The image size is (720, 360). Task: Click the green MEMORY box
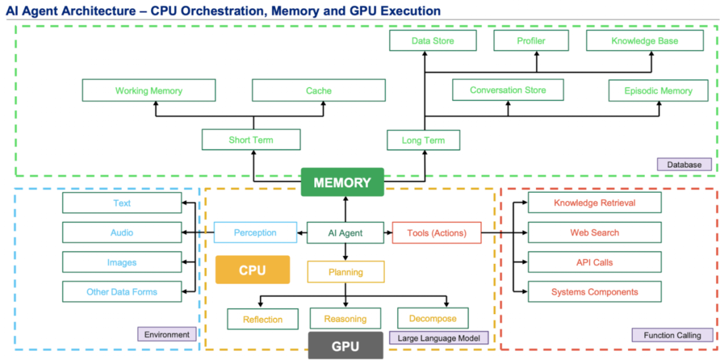342,183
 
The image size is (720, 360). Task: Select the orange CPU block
252,270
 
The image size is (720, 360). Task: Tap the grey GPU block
345,346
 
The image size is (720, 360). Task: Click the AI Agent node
345,233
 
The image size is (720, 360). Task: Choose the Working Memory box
149,91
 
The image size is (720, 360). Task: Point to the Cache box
319,91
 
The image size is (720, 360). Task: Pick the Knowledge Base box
645,41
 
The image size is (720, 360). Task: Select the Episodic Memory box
658,91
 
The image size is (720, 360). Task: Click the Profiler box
531,41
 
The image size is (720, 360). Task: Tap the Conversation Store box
507,90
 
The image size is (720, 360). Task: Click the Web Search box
594,233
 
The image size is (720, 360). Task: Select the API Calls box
594,262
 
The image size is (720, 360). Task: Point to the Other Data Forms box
122,291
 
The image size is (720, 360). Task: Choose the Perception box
255,233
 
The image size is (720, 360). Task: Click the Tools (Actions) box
437,233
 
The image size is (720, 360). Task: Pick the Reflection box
263,319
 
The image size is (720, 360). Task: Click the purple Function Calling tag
672,335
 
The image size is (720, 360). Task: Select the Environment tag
166,334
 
